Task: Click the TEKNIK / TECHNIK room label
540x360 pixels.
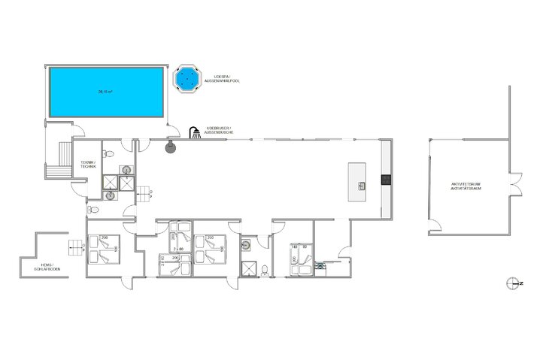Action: click(x=89, y=165)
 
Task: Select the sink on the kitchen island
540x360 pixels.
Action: click(x=362, y=184)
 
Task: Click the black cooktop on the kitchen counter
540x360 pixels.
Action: click(x=386, y=180)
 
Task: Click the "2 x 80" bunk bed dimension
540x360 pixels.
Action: click(x=177, y=247)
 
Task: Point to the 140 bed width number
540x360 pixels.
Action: click(x=294, y=246)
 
